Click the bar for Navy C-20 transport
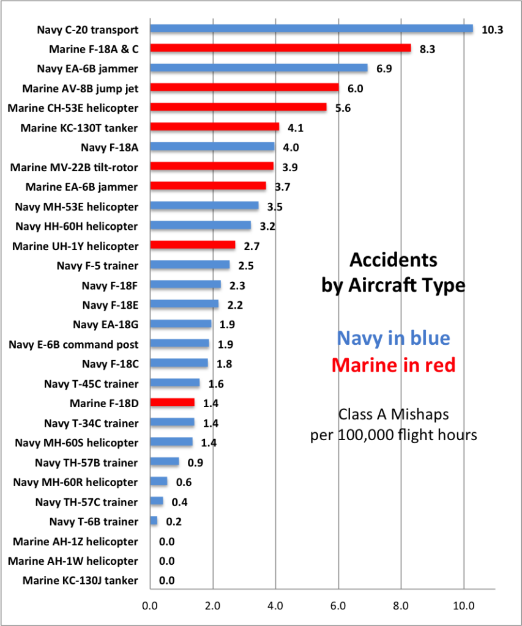pos(311,29)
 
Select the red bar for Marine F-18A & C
pos(280,48)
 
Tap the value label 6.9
pos(384,68)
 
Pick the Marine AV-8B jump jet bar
pos(244,88)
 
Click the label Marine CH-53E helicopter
pos(73,108)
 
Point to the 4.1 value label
pos(296,127)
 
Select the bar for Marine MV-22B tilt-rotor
pos(211,166)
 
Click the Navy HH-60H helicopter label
pos(76,226)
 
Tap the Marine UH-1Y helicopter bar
pos(192,245)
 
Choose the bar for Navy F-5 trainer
pos(189,265)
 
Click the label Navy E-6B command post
pos(73,344)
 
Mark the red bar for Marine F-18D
pos(172,403)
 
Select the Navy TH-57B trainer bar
pos(164,462)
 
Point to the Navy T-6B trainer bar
pos(153,521)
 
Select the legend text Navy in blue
pos(393,338)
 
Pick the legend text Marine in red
pos(393,365)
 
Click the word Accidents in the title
pos(393,260)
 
